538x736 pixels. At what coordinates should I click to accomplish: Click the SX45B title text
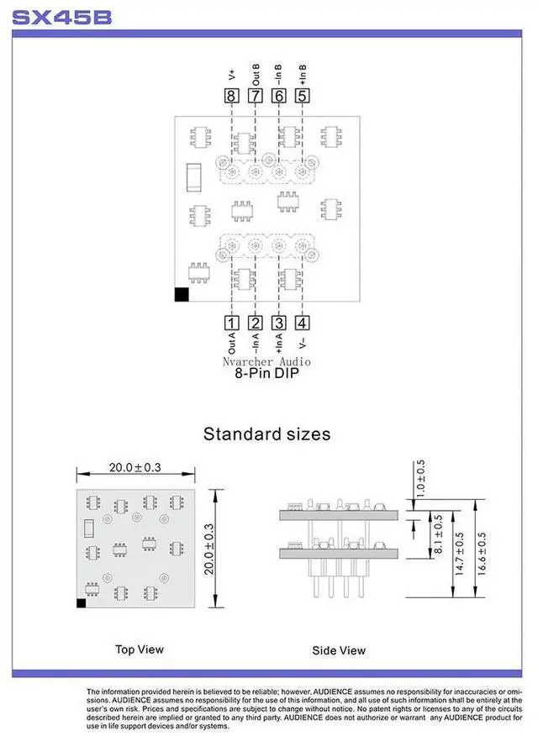pos(62,17)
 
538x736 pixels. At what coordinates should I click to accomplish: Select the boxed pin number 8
pos(231,96)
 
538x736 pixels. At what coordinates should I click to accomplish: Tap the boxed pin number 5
pos(302,96)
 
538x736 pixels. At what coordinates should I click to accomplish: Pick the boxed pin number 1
pos(231,322)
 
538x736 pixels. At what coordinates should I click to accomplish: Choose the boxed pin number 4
pos(302,322)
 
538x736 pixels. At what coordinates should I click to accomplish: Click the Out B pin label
pos(256,71)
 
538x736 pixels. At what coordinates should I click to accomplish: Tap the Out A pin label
pos(231,343)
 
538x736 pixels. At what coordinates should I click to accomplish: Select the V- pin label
pos(302,339)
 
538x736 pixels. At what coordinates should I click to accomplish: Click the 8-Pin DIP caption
pos(267,375)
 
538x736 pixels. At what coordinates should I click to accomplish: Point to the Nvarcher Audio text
pos(267,360)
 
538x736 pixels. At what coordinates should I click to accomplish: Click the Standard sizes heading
pos(267,434)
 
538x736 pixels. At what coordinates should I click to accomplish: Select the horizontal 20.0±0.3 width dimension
pos(135,467)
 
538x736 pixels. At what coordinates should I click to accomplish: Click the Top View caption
pos(140,649)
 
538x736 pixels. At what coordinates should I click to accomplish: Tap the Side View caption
pos(339,649)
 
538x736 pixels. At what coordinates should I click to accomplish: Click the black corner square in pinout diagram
pos(181,294)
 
